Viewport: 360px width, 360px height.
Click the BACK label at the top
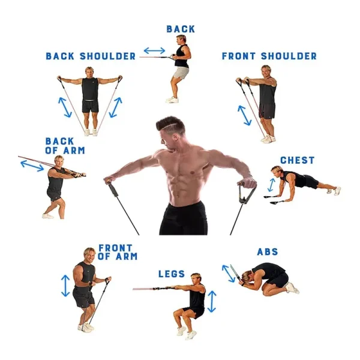181,29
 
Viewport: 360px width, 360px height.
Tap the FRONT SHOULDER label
269,56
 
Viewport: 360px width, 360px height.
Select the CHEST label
298,160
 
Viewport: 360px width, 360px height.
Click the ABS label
268,252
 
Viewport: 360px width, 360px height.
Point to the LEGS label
172,274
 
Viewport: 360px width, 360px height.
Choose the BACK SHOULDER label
91,56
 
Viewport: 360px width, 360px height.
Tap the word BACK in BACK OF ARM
59,141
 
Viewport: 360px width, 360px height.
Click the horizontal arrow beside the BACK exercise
154,50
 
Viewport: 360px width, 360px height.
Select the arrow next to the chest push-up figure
271,185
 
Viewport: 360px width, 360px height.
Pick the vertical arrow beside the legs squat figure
212,301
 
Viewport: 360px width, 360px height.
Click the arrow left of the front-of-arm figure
65,286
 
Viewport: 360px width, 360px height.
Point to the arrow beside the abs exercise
229,274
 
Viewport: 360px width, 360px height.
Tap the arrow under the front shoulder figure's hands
245,115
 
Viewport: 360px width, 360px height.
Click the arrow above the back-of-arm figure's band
32,166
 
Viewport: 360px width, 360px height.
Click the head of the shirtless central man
171,133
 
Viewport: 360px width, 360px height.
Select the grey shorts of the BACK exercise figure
181,73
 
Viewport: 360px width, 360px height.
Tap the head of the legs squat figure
196,279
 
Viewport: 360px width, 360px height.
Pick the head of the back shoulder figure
89,73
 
